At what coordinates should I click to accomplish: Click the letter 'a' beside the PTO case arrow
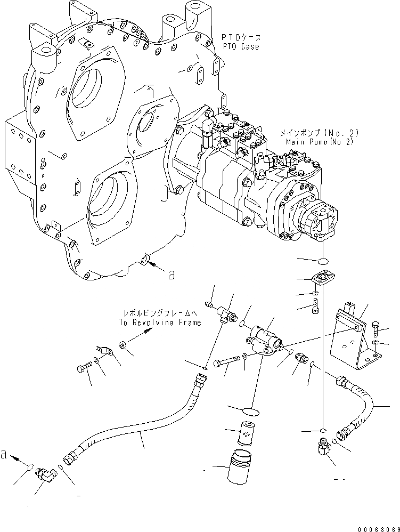click(171, 275)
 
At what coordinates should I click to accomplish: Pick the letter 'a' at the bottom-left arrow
click(4, 454)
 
